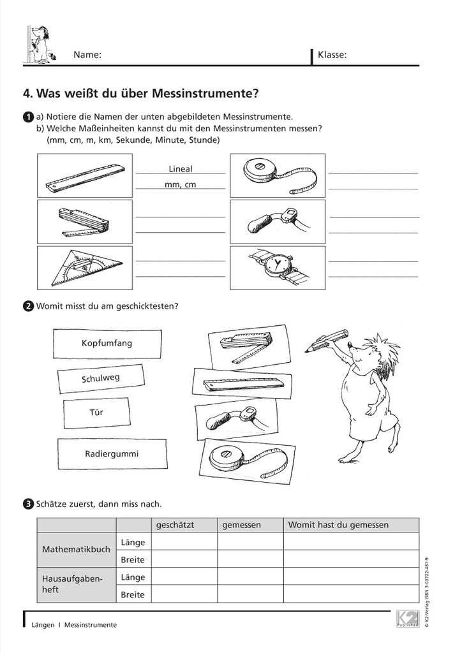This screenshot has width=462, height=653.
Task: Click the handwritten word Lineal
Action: (181, 169)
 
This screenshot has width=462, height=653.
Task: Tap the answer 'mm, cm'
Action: (181, 184)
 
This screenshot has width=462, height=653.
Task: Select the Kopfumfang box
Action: (107, 343)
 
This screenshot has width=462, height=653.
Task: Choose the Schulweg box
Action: (101, 378)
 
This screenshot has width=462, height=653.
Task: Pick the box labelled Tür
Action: (96, 413)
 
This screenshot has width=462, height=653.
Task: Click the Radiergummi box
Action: (111, 454)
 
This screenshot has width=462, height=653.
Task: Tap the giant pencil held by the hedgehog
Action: (327, 341)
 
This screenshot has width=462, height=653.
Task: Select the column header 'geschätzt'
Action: (175, 525)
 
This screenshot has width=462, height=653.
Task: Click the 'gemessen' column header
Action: (242, 525)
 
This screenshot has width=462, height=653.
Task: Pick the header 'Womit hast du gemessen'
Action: (338, 525)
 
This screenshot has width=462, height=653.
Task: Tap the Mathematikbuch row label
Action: (76, 549)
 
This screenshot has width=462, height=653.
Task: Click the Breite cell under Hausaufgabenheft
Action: (133, 594)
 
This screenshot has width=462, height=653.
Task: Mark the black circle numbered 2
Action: (28, 306)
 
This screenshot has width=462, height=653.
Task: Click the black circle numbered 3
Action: (28, 504)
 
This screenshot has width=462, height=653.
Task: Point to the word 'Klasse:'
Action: (332, 55)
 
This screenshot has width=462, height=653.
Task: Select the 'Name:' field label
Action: (87, 55)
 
